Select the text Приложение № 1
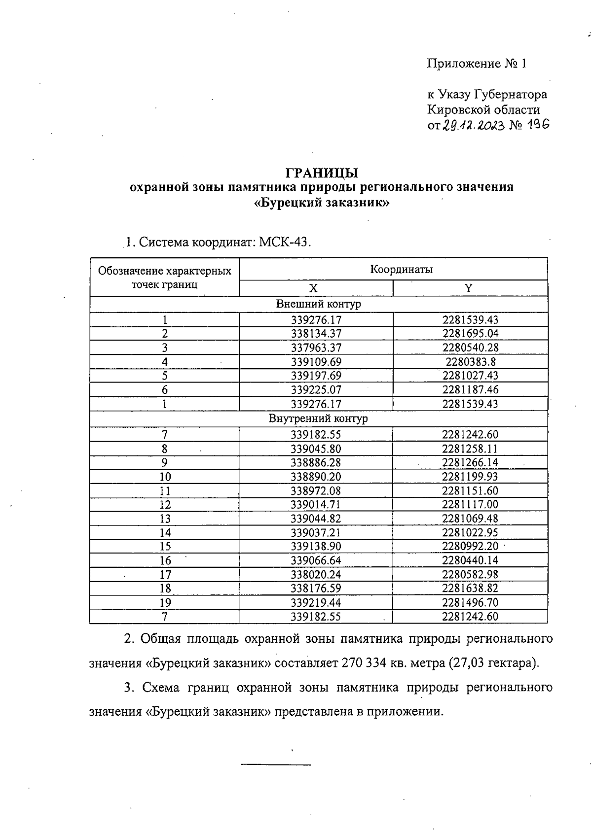[477, 64]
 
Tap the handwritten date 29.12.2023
[473, 125]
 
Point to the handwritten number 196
[537, 125]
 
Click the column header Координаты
[402, 269]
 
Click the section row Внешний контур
[318, 304]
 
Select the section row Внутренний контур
[318, 419]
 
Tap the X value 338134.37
[316, 334]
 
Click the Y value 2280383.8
[470, 362]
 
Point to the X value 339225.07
[316, 390]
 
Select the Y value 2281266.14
[470, 462]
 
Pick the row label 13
[165, 519]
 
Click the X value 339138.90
[316, 547]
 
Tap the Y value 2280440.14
[470, 560]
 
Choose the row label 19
[165, 602]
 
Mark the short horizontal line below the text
[275, 764]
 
